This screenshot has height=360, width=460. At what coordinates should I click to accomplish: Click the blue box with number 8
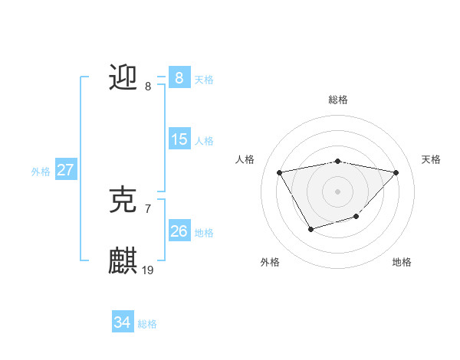coord(179,77)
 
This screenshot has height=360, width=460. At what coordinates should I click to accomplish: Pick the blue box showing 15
coord(179,139)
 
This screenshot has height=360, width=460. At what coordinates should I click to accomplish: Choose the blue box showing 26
coord(179,231)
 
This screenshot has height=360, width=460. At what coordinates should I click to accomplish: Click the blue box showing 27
coord(65,170)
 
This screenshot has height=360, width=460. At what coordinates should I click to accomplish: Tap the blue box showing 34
coord(122,322)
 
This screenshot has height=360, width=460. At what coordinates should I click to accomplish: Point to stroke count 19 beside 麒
coord(148,270)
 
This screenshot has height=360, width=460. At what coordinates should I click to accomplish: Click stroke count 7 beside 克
coord(148,208)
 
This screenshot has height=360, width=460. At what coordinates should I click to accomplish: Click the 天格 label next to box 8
coord(204,79)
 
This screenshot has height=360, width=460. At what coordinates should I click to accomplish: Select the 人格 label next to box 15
coord(204,141)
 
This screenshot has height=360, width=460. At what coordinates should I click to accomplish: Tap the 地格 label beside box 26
coord(204,233)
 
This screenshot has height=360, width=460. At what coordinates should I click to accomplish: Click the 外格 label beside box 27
coord(41,172)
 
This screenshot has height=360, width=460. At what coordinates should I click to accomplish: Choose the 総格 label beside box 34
coord(147,324)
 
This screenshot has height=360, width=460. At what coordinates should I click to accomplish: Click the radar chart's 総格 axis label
coord(337,100)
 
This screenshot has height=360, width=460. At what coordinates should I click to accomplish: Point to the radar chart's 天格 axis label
coord(431,159)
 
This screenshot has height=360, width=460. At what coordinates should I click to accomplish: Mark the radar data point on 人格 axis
coord(279,172)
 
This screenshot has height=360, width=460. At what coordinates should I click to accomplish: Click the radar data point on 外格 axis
coord(310,229)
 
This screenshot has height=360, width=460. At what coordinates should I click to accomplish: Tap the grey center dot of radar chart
coord(337,191)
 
